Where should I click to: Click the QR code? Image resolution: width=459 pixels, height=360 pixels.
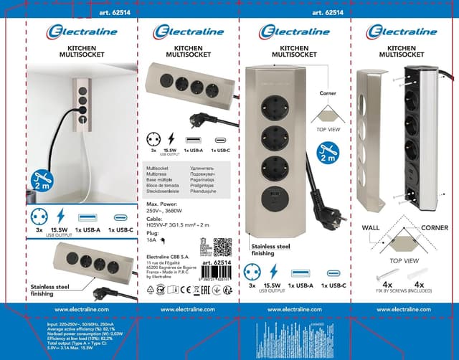point(222,247)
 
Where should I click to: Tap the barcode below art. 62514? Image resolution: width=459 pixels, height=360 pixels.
point(219,275)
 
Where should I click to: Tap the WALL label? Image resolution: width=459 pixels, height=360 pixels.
point(371,227)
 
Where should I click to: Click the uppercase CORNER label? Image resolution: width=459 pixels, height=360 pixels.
point(434,227)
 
